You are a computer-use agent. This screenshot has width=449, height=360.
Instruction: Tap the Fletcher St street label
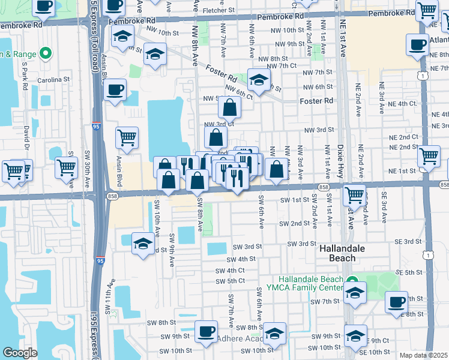coord(218,10)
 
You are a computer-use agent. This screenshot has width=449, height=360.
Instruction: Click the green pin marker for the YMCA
coord(353,280)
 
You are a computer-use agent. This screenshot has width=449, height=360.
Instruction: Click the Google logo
coord(20,353)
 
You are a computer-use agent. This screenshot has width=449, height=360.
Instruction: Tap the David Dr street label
coord(26,138)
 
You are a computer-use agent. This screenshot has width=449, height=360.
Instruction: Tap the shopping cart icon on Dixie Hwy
coord(355,194)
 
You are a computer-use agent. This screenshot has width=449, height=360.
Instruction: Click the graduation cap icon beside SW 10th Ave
coord(142,243)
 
